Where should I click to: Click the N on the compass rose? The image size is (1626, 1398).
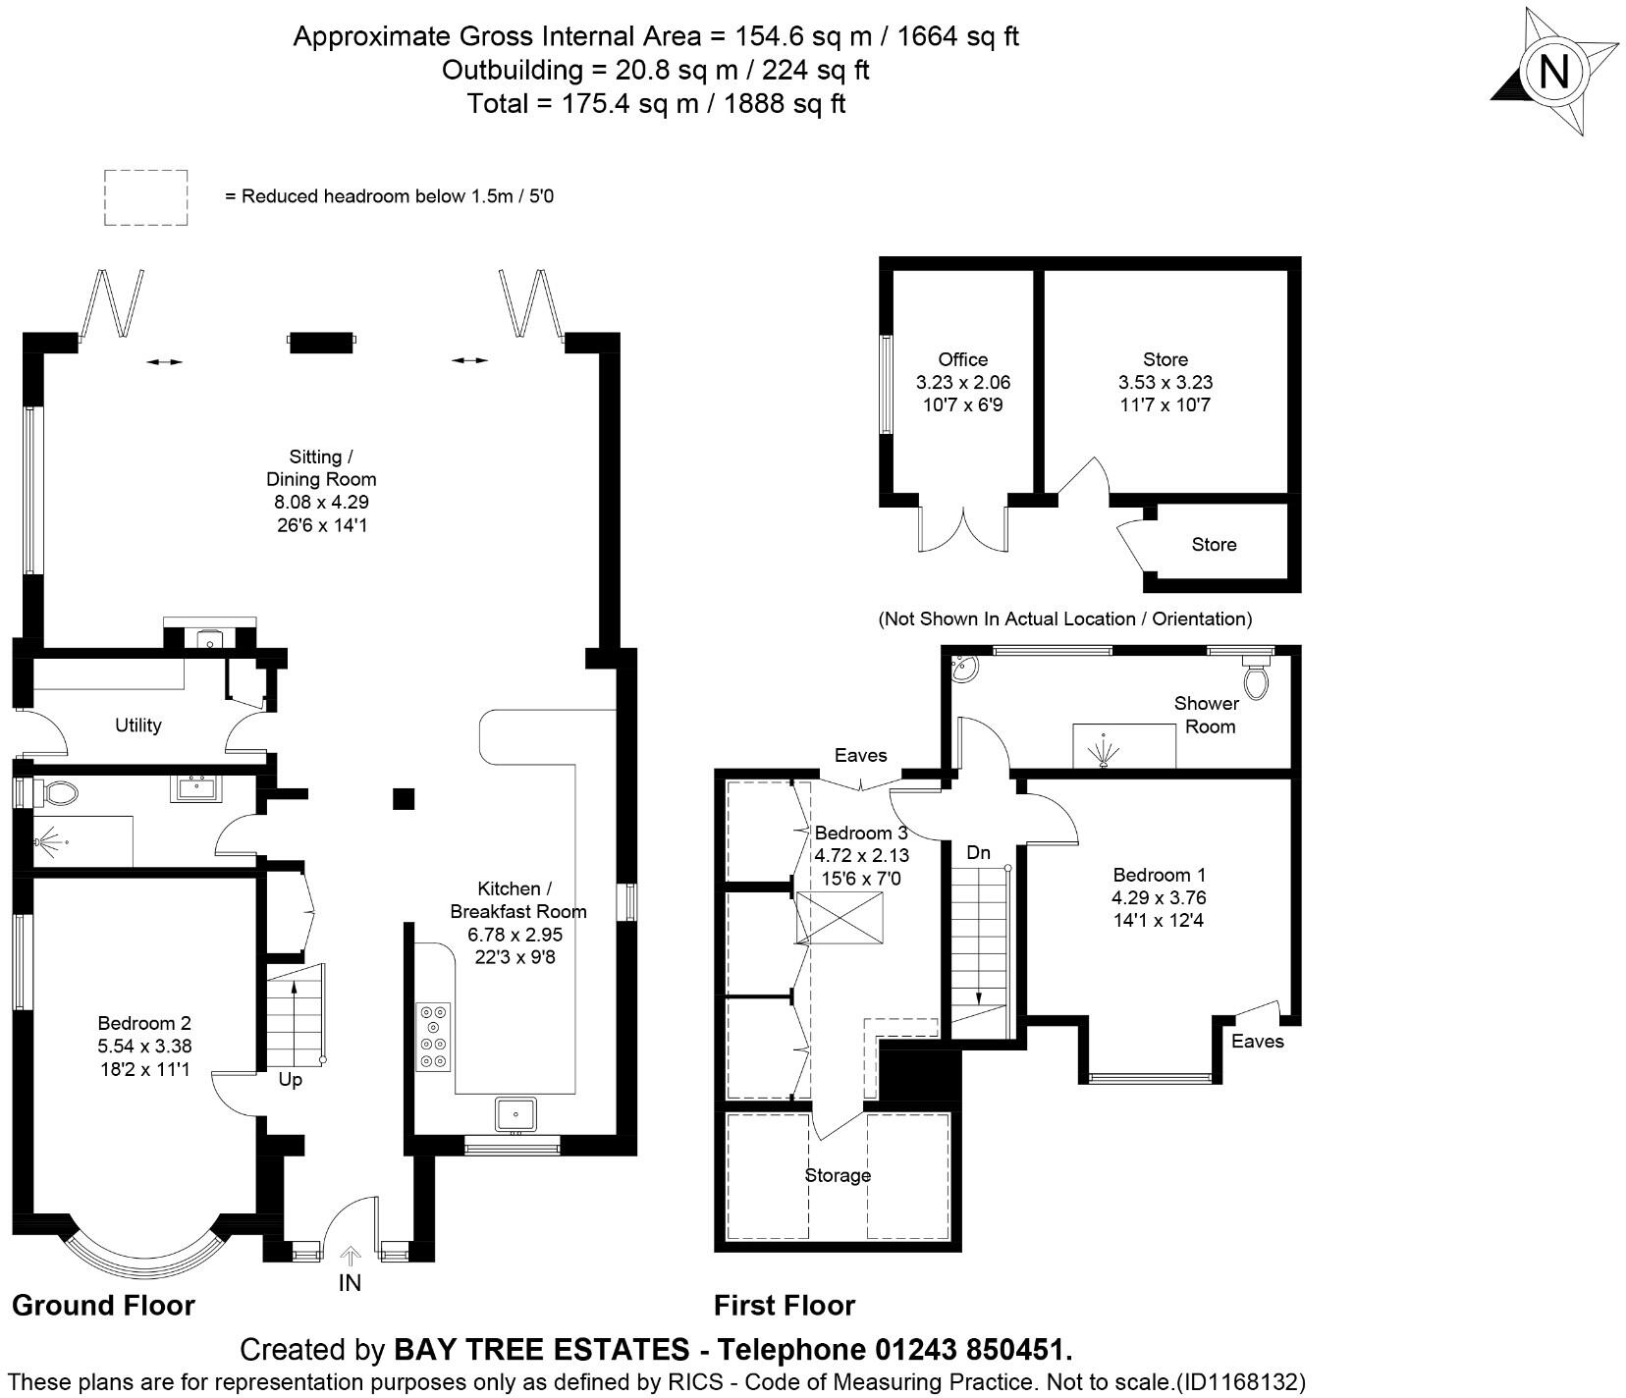point(1553,71)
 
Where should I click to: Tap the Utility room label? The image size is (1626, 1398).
point(137,726)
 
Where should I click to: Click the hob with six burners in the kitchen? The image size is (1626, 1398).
point(433,1036)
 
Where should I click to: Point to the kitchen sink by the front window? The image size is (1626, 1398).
point(513,1114)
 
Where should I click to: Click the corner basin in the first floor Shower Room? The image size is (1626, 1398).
point(962,669)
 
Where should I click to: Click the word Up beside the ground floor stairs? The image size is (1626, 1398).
point(291,1080)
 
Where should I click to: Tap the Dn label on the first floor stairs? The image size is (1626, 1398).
point(978,853)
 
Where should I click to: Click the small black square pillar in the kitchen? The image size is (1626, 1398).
point(404,798)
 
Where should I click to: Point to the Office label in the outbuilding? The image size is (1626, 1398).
point(962,359)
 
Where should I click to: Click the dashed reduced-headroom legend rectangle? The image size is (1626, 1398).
point(146,197)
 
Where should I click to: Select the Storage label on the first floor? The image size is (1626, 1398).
point(838,1175)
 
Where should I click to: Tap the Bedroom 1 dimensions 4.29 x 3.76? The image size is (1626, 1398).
point(1159,897)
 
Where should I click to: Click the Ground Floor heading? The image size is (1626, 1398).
point(103,1305)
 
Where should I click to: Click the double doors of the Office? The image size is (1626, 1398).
point(963,530)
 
